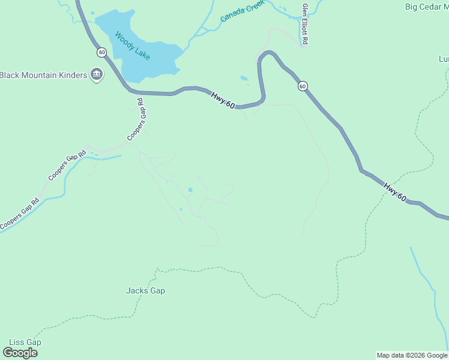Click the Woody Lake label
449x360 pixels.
[x=132, y=46]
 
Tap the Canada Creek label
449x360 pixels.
[x=243, y=11]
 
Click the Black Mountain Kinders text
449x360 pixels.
[x=43, y=75]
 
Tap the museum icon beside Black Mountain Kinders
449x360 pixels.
[x=96, y=74]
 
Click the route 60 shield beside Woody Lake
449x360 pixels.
[x=101, y=52]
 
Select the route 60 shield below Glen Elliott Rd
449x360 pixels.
[x=303, y=86]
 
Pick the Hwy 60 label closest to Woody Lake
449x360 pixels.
[x=223, y=100]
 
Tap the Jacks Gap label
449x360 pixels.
[x=145, y=291]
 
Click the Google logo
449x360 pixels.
[x=20, y=353]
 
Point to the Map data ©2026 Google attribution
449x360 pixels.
[x=411, y=355]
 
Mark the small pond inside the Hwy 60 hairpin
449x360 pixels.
[x=243, y=77]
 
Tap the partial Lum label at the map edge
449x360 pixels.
[x=444, y=59]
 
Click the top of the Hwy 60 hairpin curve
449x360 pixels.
[x=269, y=53]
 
